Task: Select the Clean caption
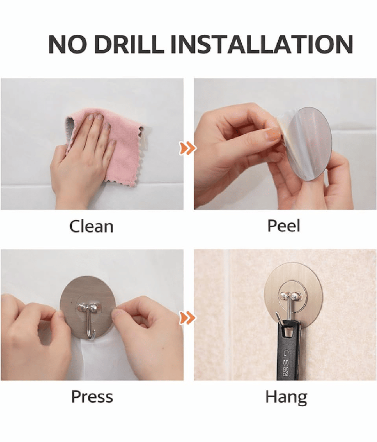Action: (91, 226)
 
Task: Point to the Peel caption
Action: (284, 226)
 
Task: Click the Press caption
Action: (92, 396)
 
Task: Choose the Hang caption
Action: (286, 397)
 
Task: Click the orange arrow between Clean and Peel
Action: (187, 148)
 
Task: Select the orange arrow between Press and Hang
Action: (187, 318)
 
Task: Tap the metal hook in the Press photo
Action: (89, 319)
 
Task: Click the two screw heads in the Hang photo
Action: (290, 296)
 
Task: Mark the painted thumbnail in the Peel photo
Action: (273, 134)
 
